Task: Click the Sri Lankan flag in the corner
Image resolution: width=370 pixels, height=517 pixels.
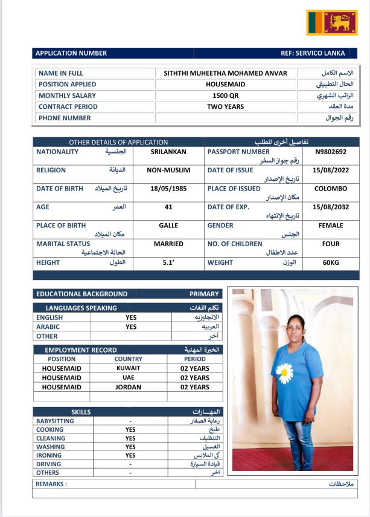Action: pyautogui.click(x=332, y=22)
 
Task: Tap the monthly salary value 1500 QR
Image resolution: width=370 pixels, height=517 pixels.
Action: pyautogui.click(x=225, y=96)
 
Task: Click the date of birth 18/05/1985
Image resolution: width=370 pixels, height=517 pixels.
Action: pyautogui.click(x=168, y=189)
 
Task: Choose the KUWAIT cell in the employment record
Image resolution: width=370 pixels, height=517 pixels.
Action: pyautogui.click(x=128, y=368)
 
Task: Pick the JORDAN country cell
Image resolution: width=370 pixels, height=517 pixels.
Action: pyautogui.click(x=128, y=387)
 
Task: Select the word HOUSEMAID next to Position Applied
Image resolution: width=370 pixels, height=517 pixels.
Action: pyautogui.click(x=225, y=85)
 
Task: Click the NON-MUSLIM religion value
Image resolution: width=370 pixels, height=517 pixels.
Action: pyautogui.click(x=168, y=171)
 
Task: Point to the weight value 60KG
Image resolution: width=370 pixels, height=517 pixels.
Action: pyautogui.click(x=331, y=263)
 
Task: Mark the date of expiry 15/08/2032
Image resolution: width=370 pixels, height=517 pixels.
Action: pyautogui.click(x=329, y=207)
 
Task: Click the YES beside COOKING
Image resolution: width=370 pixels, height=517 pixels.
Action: pyautogui.click(x=130, y=430)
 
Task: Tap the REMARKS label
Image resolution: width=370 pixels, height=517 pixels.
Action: pyautogui.click(x=51, y=484)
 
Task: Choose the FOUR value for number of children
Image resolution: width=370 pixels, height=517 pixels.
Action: pyautogui.click(x=331, y=244)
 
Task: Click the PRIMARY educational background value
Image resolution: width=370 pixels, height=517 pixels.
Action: pyautogui.click(x=204, y=294)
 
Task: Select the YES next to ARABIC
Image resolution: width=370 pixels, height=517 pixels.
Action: pyautogui.click(x=131, y=327)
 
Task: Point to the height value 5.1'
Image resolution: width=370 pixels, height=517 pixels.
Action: pyautogui.click(x=168, y=263)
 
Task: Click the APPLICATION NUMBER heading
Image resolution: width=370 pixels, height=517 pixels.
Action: pyautogui.click(x=71, y=53)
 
